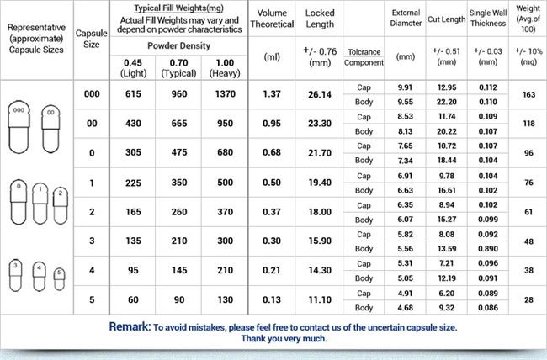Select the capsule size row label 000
[x=92, y=95]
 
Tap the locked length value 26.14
[x=319, y=95]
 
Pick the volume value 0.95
[x=271, y=124]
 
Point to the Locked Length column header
[x=319, y=19]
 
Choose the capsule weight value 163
[x=528, y=95]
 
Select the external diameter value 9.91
[x=404, y=87]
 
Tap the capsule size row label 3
[x=92, y=241]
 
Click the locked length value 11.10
[x=319, y=300]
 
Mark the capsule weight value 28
[x=528, y=300]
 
